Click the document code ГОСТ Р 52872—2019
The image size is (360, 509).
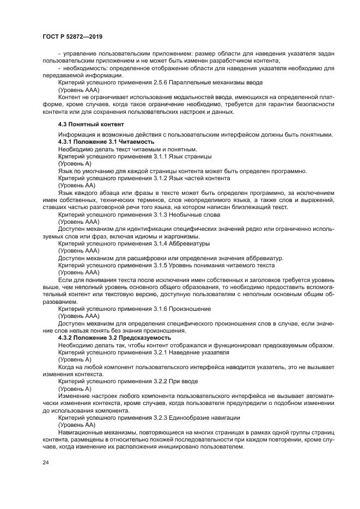click(72, 36)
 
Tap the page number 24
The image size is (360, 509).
click(45, 462)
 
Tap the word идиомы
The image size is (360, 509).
click(144, 236)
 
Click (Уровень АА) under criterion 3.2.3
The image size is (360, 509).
click(77, 424)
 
